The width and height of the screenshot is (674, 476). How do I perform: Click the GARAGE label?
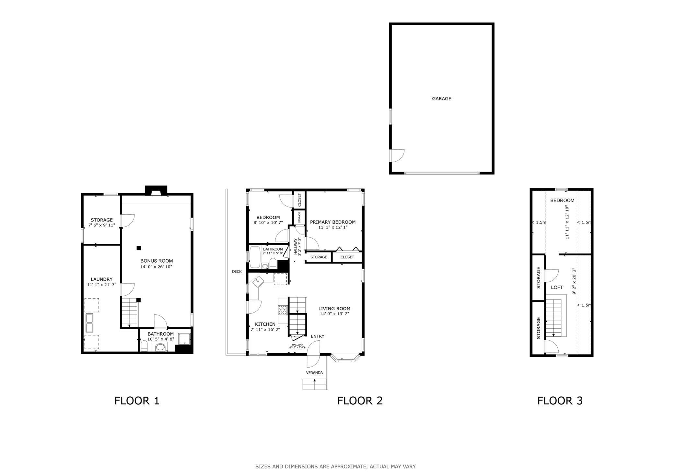point(441,99)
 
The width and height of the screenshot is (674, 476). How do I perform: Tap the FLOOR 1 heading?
point(137,401)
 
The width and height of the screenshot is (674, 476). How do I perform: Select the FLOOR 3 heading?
point(560,401)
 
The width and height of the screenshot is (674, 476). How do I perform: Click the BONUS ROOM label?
point(157,261)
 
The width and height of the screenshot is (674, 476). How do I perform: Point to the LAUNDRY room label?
point(101,279)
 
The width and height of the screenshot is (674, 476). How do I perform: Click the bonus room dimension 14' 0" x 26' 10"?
point(156,267)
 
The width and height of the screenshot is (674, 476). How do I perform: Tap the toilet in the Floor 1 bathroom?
point(144,346)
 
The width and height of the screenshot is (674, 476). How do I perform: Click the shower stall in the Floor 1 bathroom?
point(184,339)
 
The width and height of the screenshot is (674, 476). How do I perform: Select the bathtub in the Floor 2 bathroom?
point(255,257)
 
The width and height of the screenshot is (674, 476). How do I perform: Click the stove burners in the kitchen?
point(283,310)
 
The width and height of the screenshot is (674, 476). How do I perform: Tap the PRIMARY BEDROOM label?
point(333,222)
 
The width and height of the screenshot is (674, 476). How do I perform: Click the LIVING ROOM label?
point(334,309)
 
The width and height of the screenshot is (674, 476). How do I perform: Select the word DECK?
point(237,272)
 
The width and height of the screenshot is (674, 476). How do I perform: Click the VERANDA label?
point(314,373)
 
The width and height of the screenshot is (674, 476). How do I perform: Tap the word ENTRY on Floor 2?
point(318,336)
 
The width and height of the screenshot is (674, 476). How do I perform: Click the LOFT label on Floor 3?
point(557,288)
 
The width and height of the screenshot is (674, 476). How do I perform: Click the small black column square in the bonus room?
point(139,248)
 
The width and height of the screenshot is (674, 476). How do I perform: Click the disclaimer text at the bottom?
point(336,467)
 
